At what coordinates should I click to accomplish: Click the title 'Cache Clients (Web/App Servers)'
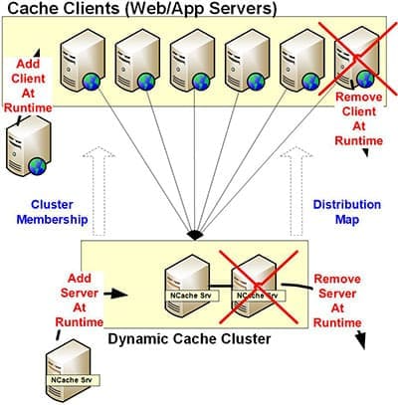[x=142, y=8]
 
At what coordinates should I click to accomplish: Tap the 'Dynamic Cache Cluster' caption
[x=189, y=339]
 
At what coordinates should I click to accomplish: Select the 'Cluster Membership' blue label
[x=52, y=212]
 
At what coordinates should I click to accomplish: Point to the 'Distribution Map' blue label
[x=347, y=212]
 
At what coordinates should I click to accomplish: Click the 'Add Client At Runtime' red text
[x=28, y=86]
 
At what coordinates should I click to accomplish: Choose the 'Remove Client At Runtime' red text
[x=359, y=118]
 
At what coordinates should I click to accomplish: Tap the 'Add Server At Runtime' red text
[x=80, y=301]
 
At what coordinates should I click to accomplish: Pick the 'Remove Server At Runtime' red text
[x=337, y=301]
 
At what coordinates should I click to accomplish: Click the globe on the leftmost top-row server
[x=92, y=82]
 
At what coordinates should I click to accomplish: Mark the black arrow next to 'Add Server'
[x=115, y=294]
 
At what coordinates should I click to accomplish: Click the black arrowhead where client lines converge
[x=195, y=235]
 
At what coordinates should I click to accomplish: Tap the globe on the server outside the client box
[x=37, y=166]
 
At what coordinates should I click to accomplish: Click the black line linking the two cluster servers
[x=221, y=286]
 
